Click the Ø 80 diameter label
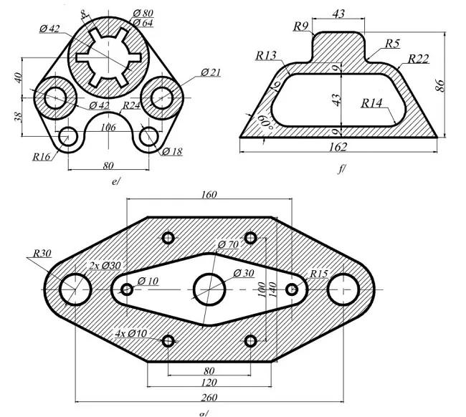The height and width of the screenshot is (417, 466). [x=143, y=14]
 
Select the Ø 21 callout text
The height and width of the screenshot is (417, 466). [x=211, y=72]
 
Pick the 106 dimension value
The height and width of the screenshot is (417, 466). [x=109, y=128]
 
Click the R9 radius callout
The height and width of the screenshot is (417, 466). [x=301, y=27]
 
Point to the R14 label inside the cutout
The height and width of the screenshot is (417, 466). [x=372, y=103]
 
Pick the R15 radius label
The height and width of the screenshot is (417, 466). [x=318, y=274]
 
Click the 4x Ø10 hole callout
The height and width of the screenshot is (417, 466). [x=130, y=333]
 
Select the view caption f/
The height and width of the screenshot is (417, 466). [x=341, y=169]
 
